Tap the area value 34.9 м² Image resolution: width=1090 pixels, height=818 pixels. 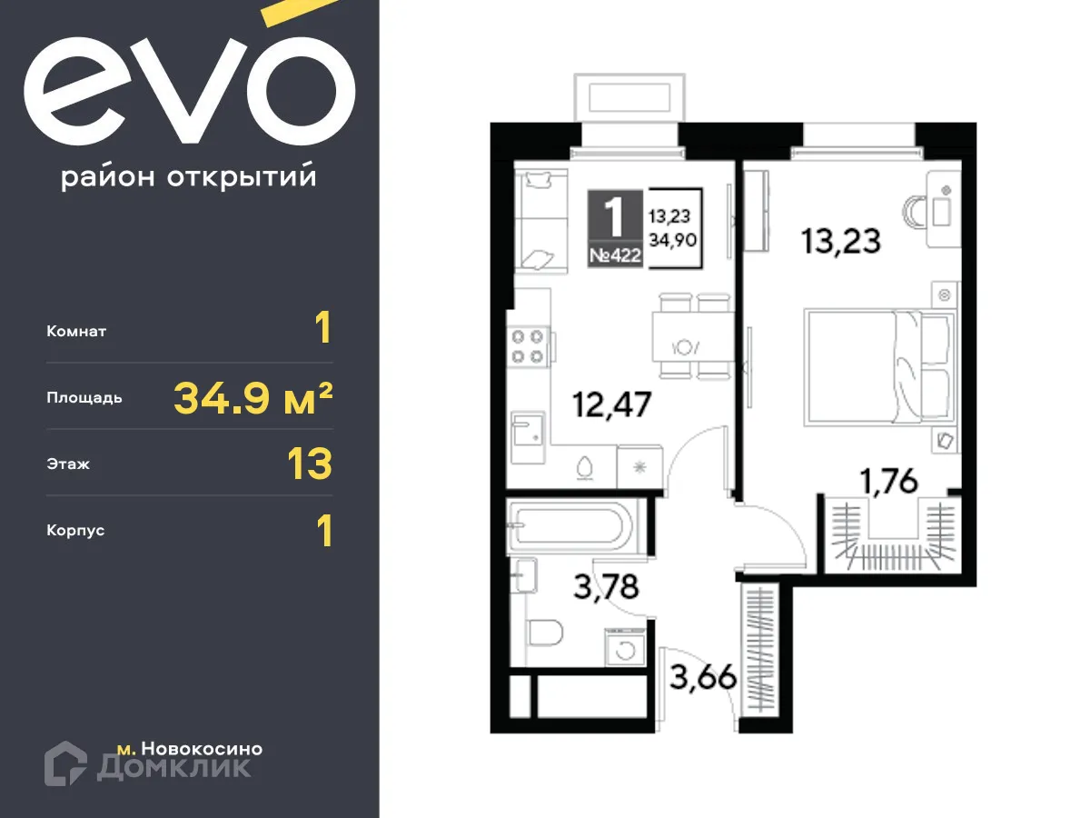[253, 397]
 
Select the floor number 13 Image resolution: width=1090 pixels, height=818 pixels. [309, 464]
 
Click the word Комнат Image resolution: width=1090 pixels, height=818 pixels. [76, 332]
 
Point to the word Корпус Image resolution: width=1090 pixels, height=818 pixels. [75, 530]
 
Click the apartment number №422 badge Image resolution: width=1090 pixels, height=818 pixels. [615, 255]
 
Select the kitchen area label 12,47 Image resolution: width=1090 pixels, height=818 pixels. [611, 404]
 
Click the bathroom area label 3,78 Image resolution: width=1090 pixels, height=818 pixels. [606, 586]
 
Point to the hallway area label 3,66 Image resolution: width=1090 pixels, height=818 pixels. [702, 677]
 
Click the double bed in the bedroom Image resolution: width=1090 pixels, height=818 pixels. [878, 365]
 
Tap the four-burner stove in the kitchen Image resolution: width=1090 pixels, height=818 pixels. [529, 345]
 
